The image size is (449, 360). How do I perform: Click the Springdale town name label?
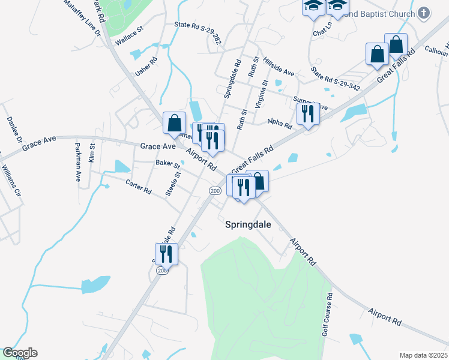(x=248, y=225)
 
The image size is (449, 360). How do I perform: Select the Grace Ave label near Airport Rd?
(x=158, y=146)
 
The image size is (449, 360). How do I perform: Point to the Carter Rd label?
(x=138, y=187)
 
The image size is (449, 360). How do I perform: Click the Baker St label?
(x=167, y=163)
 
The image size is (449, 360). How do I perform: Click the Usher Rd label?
(x=146, y=66)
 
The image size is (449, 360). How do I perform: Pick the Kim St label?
(x=92, y=152)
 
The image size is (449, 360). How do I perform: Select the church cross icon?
(x=424, y=13)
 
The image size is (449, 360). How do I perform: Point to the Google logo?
(x=20, y=353)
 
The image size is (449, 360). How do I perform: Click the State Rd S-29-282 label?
(x=198, y=25)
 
